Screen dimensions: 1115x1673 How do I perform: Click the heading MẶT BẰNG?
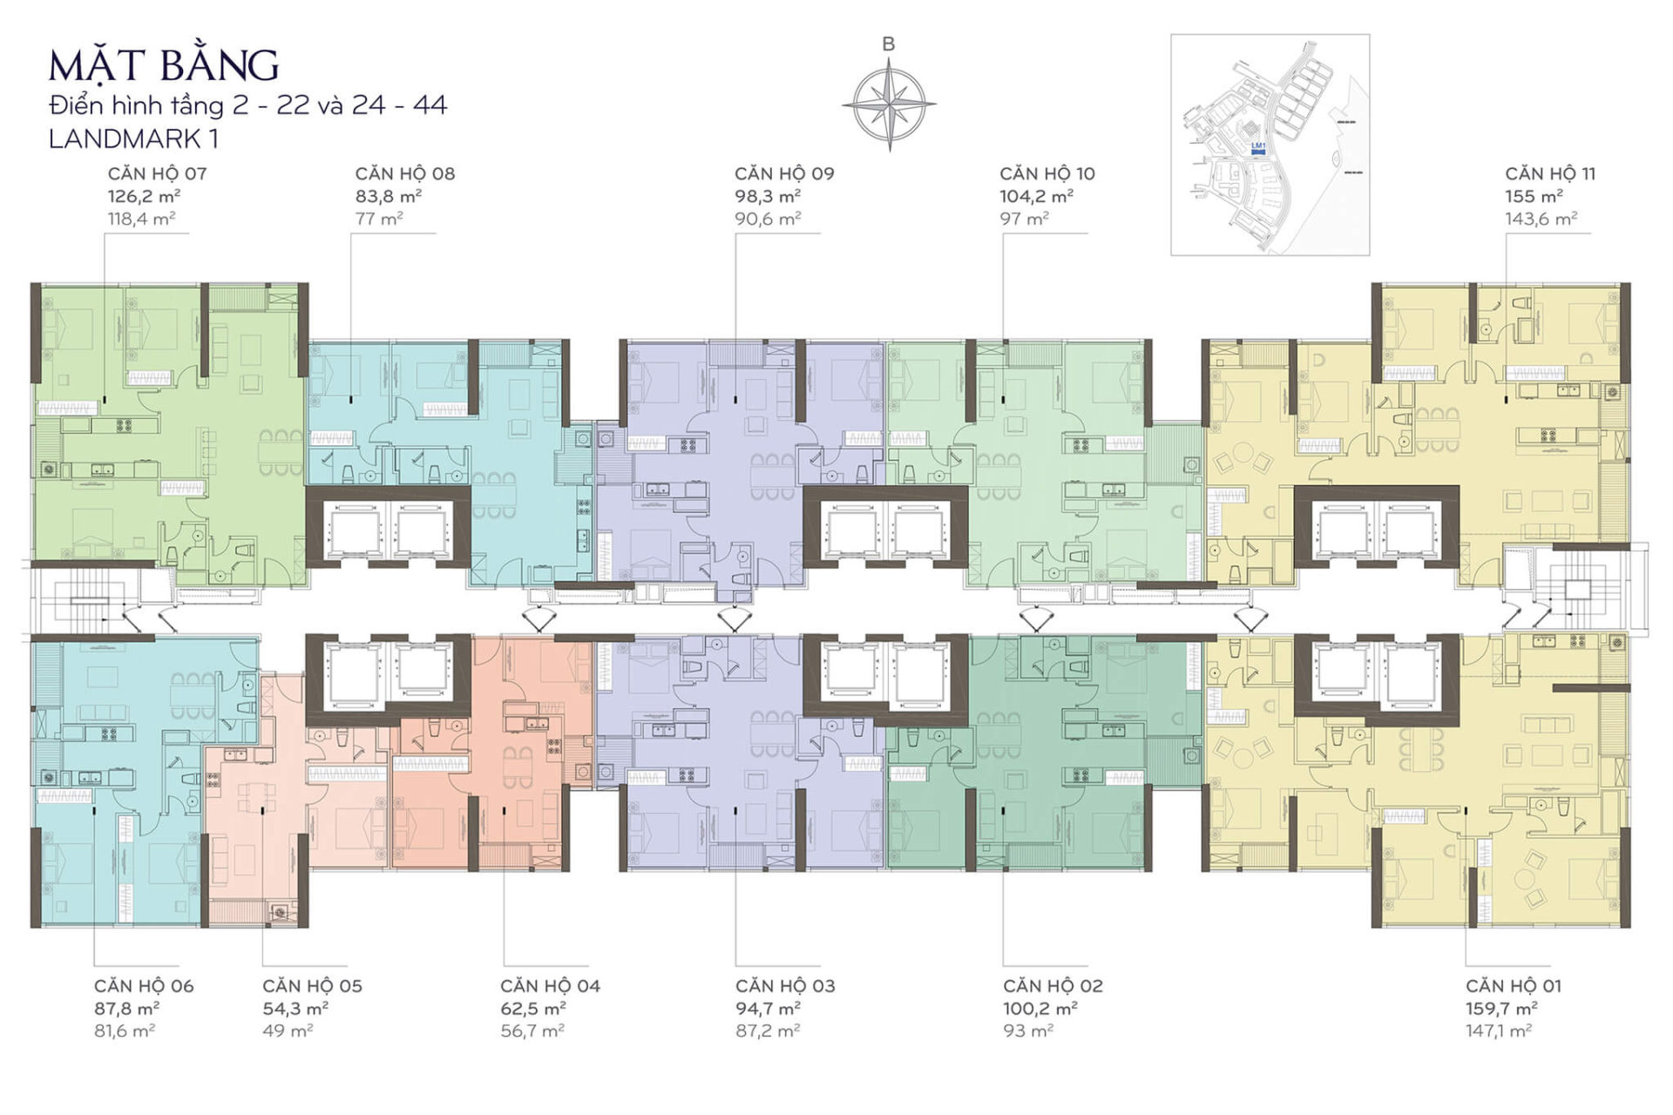164,66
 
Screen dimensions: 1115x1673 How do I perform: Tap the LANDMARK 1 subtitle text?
134,139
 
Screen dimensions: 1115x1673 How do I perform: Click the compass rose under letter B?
888,104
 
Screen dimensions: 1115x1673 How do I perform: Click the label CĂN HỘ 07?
157,173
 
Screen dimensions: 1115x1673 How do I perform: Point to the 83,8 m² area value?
388,196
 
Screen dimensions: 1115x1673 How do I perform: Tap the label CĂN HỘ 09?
783,173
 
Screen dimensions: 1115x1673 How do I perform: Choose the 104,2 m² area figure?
1036,196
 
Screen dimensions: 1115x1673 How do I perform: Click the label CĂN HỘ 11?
1550,173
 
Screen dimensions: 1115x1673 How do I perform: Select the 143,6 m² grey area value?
1541,219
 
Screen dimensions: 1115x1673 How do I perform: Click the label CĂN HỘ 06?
144,986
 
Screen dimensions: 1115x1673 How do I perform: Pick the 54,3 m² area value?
295,1009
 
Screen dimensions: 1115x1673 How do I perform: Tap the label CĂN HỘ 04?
550,986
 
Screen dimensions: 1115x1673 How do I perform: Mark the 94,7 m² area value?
768,1009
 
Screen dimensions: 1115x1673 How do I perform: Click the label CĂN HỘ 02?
1053,986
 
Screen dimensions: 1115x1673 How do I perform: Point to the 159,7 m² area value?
1501,1009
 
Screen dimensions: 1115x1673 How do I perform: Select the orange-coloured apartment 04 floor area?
523,784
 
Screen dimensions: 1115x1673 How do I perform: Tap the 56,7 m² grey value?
532,1031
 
